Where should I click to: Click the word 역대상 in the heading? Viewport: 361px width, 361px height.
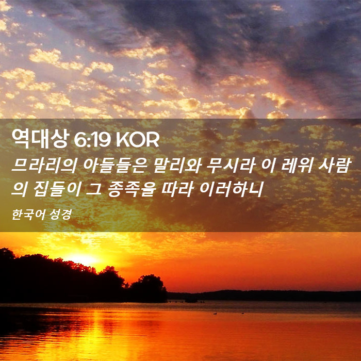(40, 139)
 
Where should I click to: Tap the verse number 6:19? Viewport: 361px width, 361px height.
(92, 140)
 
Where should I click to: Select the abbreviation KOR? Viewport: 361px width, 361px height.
(138, 140)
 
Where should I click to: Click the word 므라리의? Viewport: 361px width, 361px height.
(44, 166)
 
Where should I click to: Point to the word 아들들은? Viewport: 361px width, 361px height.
(114, 166)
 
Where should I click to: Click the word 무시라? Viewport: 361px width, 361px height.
(232, 166)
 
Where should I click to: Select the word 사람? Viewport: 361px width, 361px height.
(335, 166)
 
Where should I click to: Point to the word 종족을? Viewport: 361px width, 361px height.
(132, 189)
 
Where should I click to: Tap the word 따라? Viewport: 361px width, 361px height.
(177, 189)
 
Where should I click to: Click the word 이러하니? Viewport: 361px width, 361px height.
(231, 189)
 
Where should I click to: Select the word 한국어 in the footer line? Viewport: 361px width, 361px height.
(26, 215)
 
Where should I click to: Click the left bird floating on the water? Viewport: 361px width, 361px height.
(215, 314)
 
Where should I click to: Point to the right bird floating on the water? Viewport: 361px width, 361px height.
(243, 313)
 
